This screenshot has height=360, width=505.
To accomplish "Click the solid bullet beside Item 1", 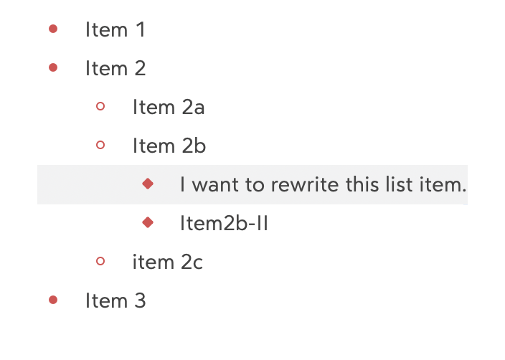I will point(52,29).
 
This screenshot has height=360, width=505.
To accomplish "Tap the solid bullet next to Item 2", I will point(52,68).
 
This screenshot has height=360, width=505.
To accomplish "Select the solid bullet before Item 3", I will point(52,300).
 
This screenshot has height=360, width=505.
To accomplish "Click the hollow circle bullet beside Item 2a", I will point(100,107).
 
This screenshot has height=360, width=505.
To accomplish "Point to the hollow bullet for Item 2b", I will point(100,146).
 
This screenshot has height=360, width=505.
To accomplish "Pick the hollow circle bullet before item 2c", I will point(100,262).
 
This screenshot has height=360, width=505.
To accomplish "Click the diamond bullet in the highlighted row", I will point(148,184).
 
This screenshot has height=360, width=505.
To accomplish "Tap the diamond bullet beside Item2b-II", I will point(148,223).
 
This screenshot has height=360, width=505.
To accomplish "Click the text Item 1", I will point(115,30).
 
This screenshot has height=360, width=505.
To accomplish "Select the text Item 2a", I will point(169,108).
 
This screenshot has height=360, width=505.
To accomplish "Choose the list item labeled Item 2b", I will point(169,146).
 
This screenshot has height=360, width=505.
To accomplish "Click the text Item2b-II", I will point(224,224).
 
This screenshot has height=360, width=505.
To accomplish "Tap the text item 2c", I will point(167,262).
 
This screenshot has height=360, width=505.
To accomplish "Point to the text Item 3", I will point(115,301).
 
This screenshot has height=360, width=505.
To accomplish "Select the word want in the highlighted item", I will point(217,185).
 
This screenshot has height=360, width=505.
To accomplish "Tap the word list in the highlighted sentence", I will point(394,185).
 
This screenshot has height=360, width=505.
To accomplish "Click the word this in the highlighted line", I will point(357,185).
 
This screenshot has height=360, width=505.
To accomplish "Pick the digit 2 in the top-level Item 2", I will point(139,69).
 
